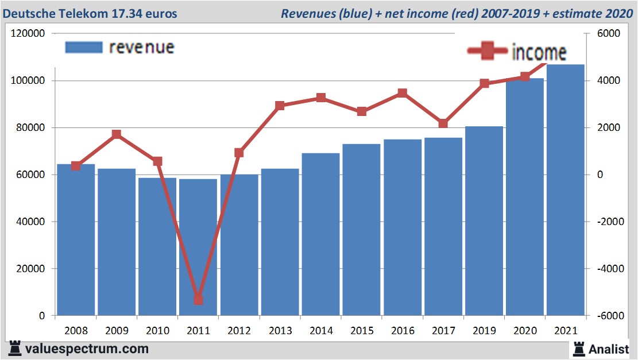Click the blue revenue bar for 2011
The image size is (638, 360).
(198, 247)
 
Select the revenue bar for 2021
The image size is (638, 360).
(565, 189)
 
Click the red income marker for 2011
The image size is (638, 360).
(198, 300)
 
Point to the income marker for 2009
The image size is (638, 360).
(117, 134)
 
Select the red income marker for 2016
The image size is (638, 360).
(402, 93)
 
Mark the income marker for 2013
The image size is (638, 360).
(280, 106)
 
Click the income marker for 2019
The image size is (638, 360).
(484, 83)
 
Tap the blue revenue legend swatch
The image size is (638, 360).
(84, 47)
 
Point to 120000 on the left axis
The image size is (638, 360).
(28, 34)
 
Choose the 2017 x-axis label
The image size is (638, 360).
(443, 331)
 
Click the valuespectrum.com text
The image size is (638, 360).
(86, 349)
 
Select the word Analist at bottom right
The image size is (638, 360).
(609, 349)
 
